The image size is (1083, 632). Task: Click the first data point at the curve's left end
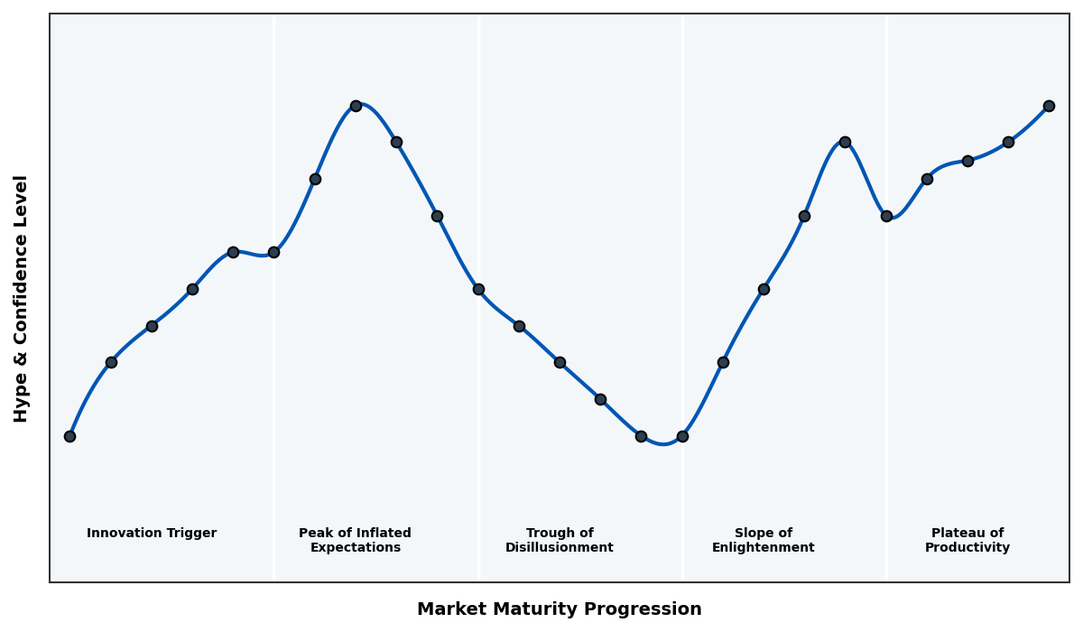pyautogui.click(x=69, y=436)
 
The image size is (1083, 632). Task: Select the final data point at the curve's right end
pyautogui.click(x=1049, y=106)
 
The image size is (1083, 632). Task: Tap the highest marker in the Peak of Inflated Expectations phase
pyautogui.click(x=356, y=106)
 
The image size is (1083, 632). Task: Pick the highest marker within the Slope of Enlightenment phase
pyautogui.click(x=845, y=142)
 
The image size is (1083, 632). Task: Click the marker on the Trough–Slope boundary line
pyautogui.click(x=682, y=436)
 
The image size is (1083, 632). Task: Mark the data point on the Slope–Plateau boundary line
pyautogui.click(x=886, y=216)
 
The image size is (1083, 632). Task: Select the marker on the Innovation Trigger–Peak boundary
pyautogui.click(x=273, y=252)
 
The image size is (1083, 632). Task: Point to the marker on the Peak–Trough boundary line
pyautogui.click(x=478, y=289)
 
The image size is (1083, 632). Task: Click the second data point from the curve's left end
pyautogui.click(x=111, y=362)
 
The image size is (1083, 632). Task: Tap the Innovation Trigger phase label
pyautogui.click(x=152, y=534)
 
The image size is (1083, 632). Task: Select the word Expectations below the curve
pyautogui.click(x=356, y=548)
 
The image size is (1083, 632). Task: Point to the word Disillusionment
pyautogui.click(x=560, y=548)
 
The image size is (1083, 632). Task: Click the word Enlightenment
pyautogui.click(x=764, y=548)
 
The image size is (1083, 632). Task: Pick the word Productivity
pyautogui.click(x=967, y=548)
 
